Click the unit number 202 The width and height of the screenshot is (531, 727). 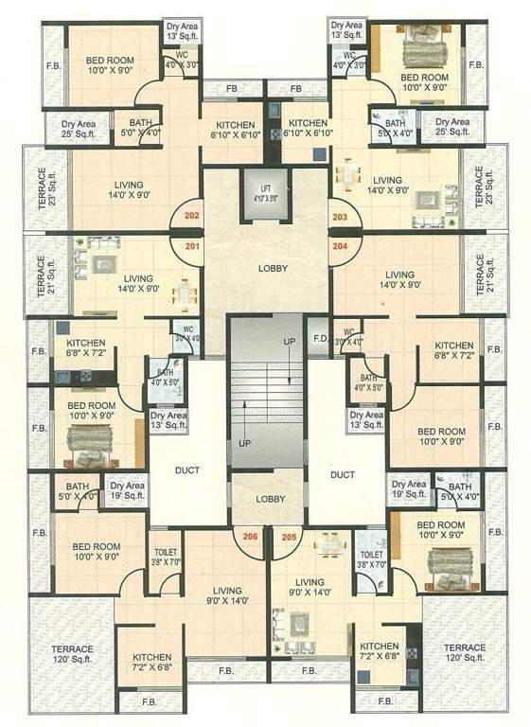(x=192, y=216)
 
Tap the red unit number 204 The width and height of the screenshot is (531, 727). (x=339, y=247)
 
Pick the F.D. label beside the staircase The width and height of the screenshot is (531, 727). (x=320, y=338)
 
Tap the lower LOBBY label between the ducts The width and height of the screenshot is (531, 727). (x=272, y=498)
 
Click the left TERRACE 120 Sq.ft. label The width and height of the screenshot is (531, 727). (x=72, y=654)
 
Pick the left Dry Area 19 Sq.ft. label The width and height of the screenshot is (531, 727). (x=128, y=491)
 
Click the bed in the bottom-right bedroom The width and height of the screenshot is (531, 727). (x=442, y=563)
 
